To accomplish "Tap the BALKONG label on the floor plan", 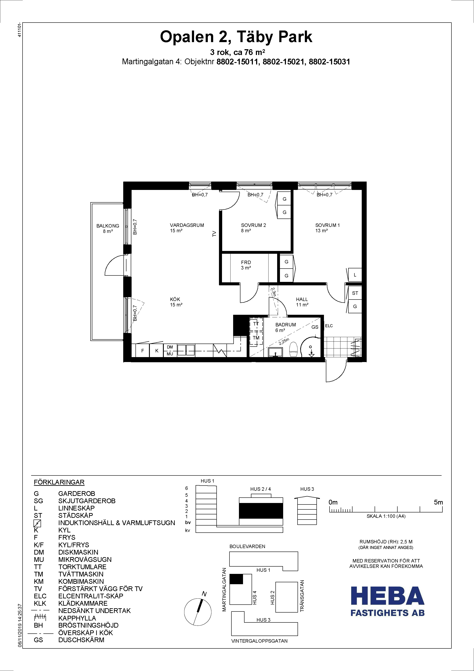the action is [108, 226].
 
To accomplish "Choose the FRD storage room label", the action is [246, 262].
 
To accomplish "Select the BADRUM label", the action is [286, 325].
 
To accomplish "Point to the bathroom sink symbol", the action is [275, 352].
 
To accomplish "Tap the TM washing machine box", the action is [256, 338].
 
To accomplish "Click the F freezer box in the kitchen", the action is [143, 351].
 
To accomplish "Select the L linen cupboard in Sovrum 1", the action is [355, 275].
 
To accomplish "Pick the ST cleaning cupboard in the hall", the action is [355, 293].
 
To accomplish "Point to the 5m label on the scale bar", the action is [438, 502].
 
